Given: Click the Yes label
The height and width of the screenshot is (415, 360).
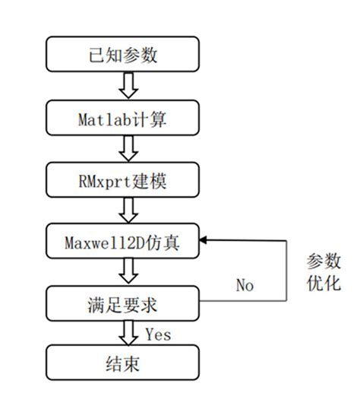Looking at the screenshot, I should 157,333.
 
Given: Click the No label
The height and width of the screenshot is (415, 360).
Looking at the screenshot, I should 245,286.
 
